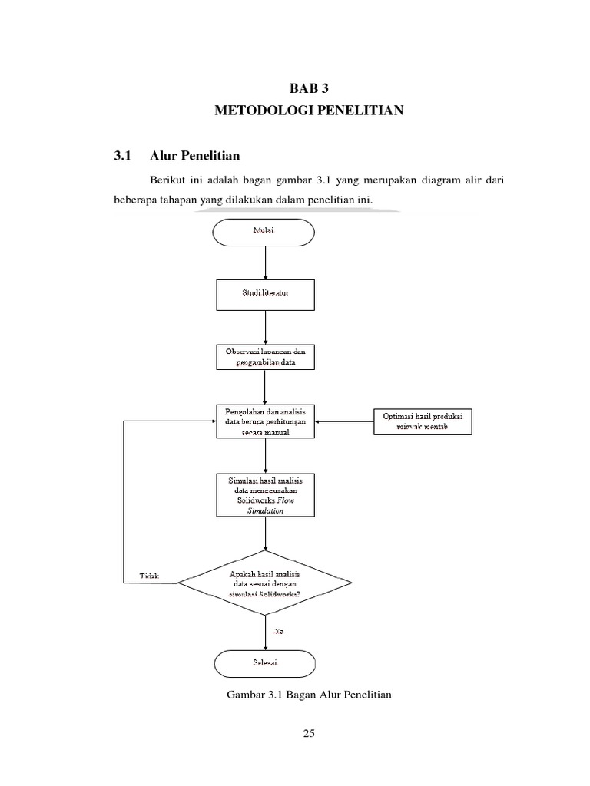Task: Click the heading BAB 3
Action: coord(308,88)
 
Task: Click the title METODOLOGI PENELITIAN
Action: coord(308,111)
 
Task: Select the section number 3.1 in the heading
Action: coord(123,156)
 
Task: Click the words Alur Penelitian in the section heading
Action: coord(195,156)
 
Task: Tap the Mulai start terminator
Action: coord(264,231)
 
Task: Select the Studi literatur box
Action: coord(264,295)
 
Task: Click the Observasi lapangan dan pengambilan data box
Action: coord(265,356)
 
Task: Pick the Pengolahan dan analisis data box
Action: coord(265,421)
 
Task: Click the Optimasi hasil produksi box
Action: coord(423,421)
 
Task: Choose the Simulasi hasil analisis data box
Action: coord(265,494)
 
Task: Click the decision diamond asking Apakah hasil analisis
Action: coord(265,583)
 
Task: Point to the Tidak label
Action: coord(149,576)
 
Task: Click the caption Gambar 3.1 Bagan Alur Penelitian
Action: coord(310,695)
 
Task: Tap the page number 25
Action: coord(309,734)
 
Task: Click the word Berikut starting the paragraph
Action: coord(169,180)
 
